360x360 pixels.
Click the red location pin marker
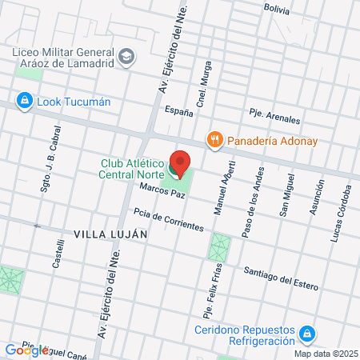180,165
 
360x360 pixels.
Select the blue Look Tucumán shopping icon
24,102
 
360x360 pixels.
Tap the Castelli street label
58,258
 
